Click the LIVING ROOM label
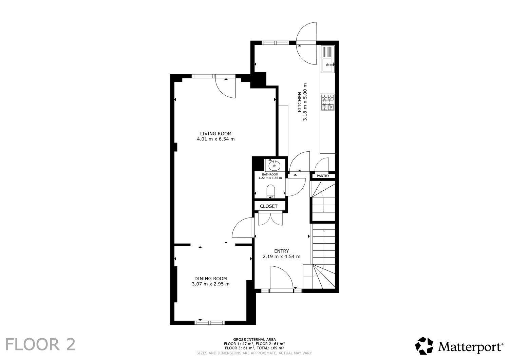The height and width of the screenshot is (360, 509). (215, 134)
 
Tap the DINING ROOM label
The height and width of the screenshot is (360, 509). (210, 279)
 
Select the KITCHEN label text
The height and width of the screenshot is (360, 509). (300, 102)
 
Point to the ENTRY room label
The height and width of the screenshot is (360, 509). (282, 251)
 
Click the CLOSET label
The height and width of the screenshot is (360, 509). (269, 206)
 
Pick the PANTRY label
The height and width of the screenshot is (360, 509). (323, 176)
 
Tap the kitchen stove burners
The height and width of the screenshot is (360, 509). (328, 102)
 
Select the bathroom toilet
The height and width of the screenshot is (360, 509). (270, 191)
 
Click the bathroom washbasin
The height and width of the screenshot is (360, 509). (275, 166)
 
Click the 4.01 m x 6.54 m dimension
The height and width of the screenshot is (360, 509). (215, 139)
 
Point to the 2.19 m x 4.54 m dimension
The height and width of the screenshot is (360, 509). (282, 257)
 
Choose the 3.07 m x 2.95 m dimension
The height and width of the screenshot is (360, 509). (210, 284)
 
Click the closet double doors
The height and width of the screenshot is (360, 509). (270, 218)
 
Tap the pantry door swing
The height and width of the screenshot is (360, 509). (322, 164)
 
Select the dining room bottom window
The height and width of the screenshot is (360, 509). (209, 322)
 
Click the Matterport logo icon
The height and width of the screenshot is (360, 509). (424, 346)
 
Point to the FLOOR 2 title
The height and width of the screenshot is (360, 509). (40, 344)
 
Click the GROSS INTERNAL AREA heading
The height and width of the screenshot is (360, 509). (254, 340)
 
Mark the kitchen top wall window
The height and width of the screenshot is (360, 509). (275, 42)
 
